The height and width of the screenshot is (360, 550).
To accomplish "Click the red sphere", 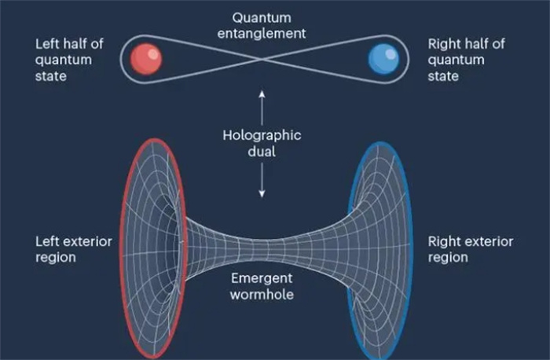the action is pos(146,59).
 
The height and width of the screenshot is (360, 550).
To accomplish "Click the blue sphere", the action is pos(383,59).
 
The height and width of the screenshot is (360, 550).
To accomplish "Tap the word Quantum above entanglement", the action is pos(262,18).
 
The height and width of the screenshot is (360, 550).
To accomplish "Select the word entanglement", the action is pos(262,34).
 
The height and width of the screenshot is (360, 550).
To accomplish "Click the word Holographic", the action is pos(262,135).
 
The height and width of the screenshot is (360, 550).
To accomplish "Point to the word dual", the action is pos(262,152).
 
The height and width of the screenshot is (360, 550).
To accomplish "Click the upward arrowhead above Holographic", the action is pos(262,94).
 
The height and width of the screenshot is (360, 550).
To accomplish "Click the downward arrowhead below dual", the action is pos(262,193).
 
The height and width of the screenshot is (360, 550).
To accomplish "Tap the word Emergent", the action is pos(262,278).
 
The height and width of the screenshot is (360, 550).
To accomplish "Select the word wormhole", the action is pos(262,295).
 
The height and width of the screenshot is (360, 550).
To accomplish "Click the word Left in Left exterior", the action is pos(46,242).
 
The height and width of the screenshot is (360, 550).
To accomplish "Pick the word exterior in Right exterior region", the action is pos(488,242).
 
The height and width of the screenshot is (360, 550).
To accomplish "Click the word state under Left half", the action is pos(50,76).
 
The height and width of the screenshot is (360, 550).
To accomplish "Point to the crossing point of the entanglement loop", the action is pos(262,59).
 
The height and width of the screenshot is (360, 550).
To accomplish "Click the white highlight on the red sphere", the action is pos(153,53).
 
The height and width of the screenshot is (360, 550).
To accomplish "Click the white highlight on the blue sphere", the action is pos(390,53).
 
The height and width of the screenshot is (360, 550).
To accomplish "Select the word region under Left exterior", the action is pos(56,258).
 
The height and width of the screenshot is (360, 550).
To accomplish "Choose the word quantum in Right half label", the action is pos(456,61).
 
